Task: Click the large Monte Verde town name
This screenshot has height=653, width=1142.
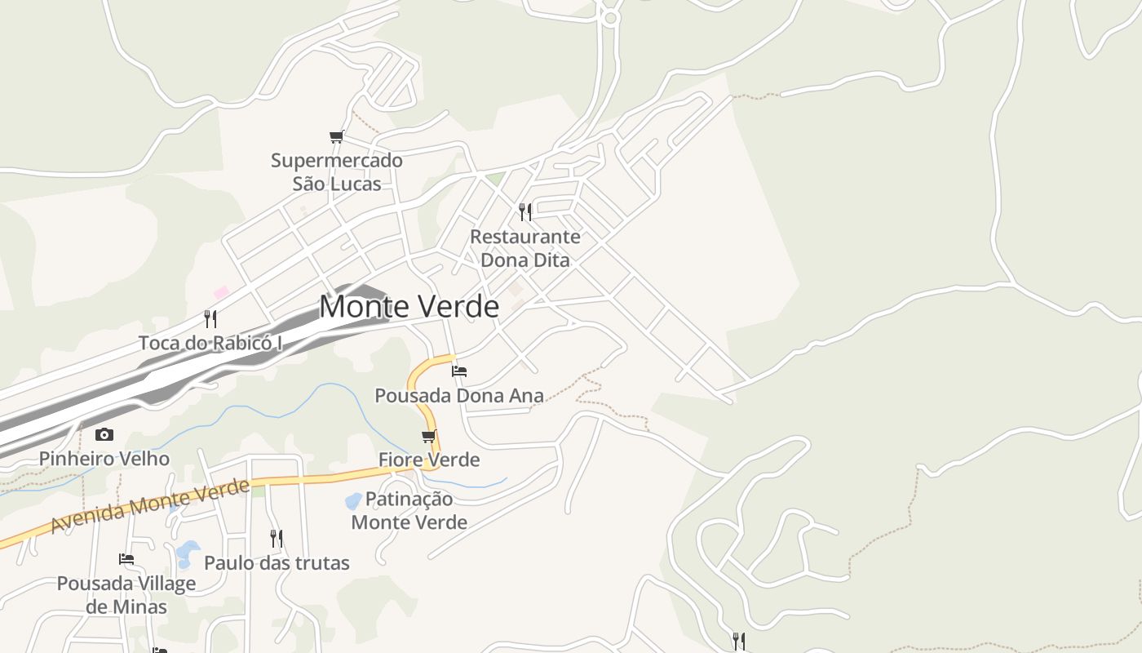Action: (409, 306)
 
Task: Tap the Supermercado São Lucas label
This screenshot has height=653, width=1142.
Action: (337, 172)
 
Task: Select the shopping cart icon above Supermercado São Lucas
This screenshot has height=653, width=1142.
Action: (336, 136)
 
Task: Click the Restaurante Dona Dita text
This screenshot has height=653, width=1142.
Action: (525, 248)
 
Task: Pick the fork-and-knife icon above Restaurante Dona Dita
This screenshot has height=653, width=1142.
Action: (525, 212)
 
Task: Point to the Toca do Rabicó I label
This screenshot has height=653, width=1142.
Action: (210, 343)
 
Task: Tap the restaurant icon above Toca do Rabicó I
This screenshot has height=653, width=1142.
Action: (210, 318)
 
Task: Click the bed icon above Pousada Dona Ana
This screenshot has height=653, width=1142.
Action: (459, 371)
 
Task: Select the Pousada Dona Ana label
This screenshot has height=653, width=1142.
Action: (459, 396)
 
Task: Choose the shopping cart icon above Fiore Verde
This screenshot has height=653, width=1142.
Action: (429, 436)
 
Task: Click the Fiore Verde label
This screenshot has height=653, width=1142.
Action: (429, 460)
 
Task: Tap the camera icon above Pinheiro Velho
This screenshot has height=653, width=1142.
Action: (104, 434)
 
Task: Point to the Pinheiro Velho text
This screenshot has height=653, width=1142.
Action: (104, 459)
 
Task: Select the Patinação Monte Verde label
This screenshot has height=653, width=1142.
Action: (409, 510)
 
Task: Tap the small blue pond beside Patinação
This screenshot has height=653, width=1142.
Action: (353, 500)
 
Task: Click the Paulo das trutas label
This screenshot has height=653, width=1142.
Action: (277, 563)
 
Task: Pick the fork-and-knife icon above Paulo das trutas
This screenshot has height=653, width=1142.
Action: (277, 539)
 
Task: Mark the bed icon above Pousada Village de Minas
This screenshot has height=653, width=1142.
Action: (126, 559)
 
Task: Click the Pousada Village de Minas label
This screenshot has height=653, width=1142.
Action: (126, 595)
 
